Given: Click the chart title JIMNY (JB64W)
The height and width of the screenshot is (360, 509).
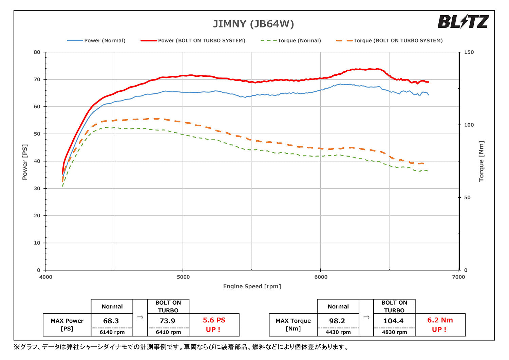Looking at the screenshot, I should coord(253,24).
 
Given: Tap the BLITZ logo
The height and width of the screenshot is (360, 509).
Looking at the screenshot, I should coord(463,22).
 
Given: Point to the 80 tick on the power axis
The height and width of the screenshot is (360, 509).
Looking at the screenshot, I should coord(37,52).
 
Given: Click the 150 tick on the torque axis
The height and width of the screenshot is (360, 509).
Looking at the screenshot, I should coord(469,52).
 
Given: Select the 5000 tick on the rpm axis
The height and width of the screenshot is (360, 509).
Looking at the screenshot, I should coord(183,277).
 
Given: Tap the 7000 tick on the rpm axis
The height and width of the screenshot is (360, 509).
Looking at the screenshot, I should coord(458,277).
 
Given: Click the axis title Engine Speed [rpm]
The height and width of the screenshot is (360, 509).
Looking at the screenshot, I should coord(252,287).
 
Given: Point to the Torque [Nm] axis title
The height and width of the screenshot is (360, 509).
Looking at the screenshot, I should coord(481,161).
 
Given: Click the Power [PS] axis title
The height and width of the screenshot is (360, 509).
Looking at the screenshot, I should coord(25,162).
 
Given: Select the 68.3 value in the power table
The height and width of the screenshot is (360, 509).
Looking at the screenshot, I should coord(111,321).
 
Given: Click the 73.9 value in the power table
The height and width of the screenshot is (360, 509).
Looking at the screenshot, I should coord(167,321).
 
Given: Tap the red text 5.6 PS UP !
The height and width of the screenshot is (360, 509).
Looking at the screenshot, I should coord(214,325).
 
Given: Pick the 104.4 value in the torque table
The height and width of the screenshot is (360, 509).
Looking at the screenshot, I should coord(393,321).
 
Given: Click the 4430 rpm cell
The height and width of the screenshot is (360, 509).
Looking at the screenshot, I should coord(338,332).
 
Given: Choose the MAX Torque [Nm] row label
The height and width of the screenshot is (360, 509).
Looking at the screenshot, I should coord(293,325).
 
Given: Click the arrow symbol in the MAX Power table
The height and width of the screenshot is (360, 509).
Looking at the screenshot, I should coord(140,318).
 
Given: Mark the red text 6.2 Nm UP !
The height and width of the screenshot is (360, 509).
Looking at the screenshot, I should coord(440,325).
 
